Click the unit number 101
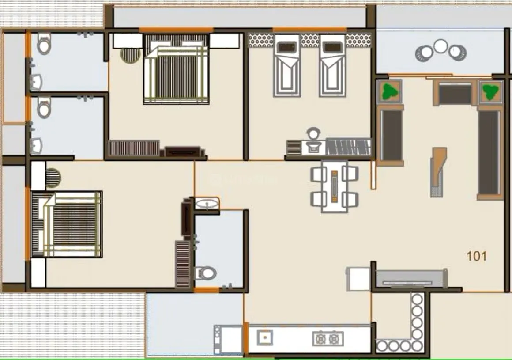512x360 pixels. pos(476,256)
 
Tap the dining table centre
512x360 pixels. pos(335,186)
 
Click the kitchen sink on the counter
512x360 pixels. pos(265,337)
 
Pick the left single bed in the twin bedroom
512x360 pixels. pos(287,65)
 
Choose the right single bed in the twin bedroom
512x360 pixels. pos(332,65)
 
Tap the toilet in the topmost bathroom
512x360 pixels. pos(44,44)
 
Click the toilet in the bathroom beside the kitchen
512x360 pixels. pos(206,273)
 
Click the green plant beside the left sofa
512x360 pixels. pos(389,91)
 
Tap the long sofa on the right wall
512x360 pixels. pos(489,152)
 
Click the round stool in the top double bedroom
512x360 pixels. pos(130,56)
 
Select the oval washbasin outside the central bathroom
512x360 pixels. pos(207,204)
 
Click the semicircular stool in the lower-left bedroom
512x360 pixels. pos(53,178)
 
